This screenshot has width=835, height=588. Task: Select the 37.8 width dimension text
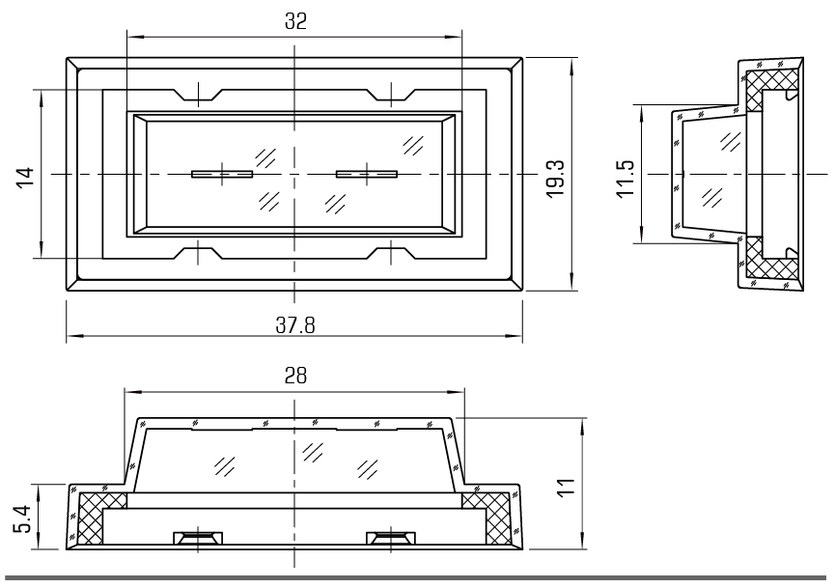295,324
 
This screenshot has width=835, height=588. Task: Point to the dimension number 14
26,175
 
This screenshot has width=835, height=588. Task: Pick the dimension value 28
295,377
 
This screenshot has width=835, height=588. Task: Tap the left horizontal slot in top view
221,174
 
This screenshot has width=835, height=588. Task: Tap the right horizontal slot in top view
367,174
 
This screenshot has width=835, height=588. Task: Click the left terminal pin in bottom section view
198,536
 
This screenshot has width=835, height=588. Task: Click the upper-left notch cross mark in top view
199,93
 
